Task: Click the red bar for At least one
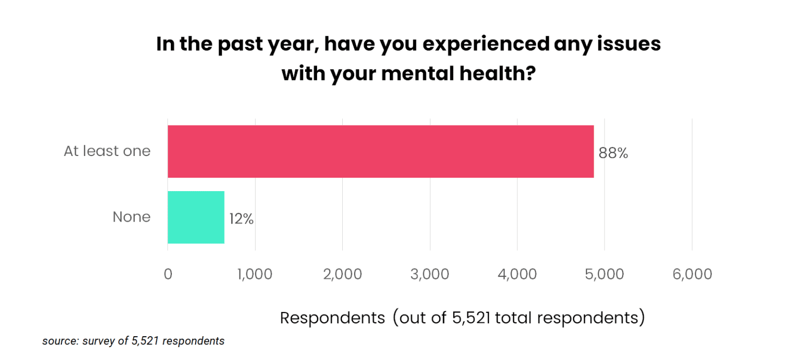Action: (380, 152)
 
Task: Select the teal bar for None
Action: (196, 217)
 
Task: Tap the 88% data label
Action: (613, 153)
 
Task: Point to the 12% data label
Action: (242, 219)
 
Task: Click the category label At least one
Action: (107, 151)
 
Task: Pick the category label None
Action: (132, 217)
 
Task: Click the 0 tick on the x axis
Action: (168, 274)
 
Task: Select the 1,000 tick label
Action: (255, 274)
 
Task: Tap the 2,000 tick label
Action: (342, 274)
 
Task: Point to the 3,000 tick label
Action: (430, 274)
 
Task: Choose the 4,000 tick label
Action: (517, 274)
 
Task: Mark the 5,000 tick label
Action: (605, 274)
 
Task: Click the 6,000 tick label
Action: (692, 274)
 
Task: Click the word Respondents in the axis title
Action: (332, 318)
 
